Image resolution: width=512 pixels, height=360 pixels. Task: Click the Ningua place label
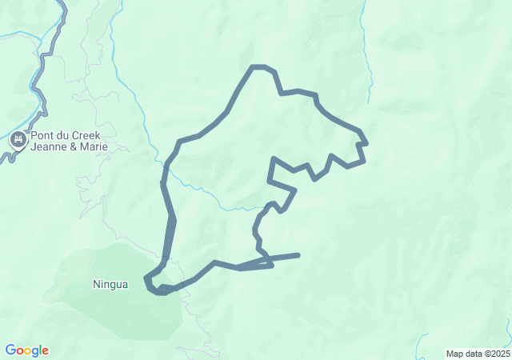coord(110,284)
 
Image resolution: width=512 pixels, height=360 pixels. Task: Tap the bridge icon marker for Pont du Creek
coord(18,142)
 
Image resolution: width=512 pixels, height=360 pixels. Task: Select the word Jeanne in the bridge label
coord(50,147)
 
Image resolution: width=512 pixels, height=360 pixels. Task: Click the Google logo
coord(26,350)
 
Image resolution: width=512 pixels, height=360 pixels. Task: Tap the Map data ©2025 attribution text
coord(478,354)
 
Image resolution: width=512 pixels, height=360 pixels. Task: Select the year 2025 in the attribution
coord(500,354)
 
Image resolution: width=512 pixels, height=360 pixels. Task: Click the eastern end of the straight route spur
coord(298,255)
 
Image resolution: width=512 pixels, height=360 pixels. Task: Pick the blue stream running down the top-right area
coord(366,48)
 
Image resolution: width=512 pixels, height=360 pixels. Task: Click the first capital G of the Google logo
coord(10,350)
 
